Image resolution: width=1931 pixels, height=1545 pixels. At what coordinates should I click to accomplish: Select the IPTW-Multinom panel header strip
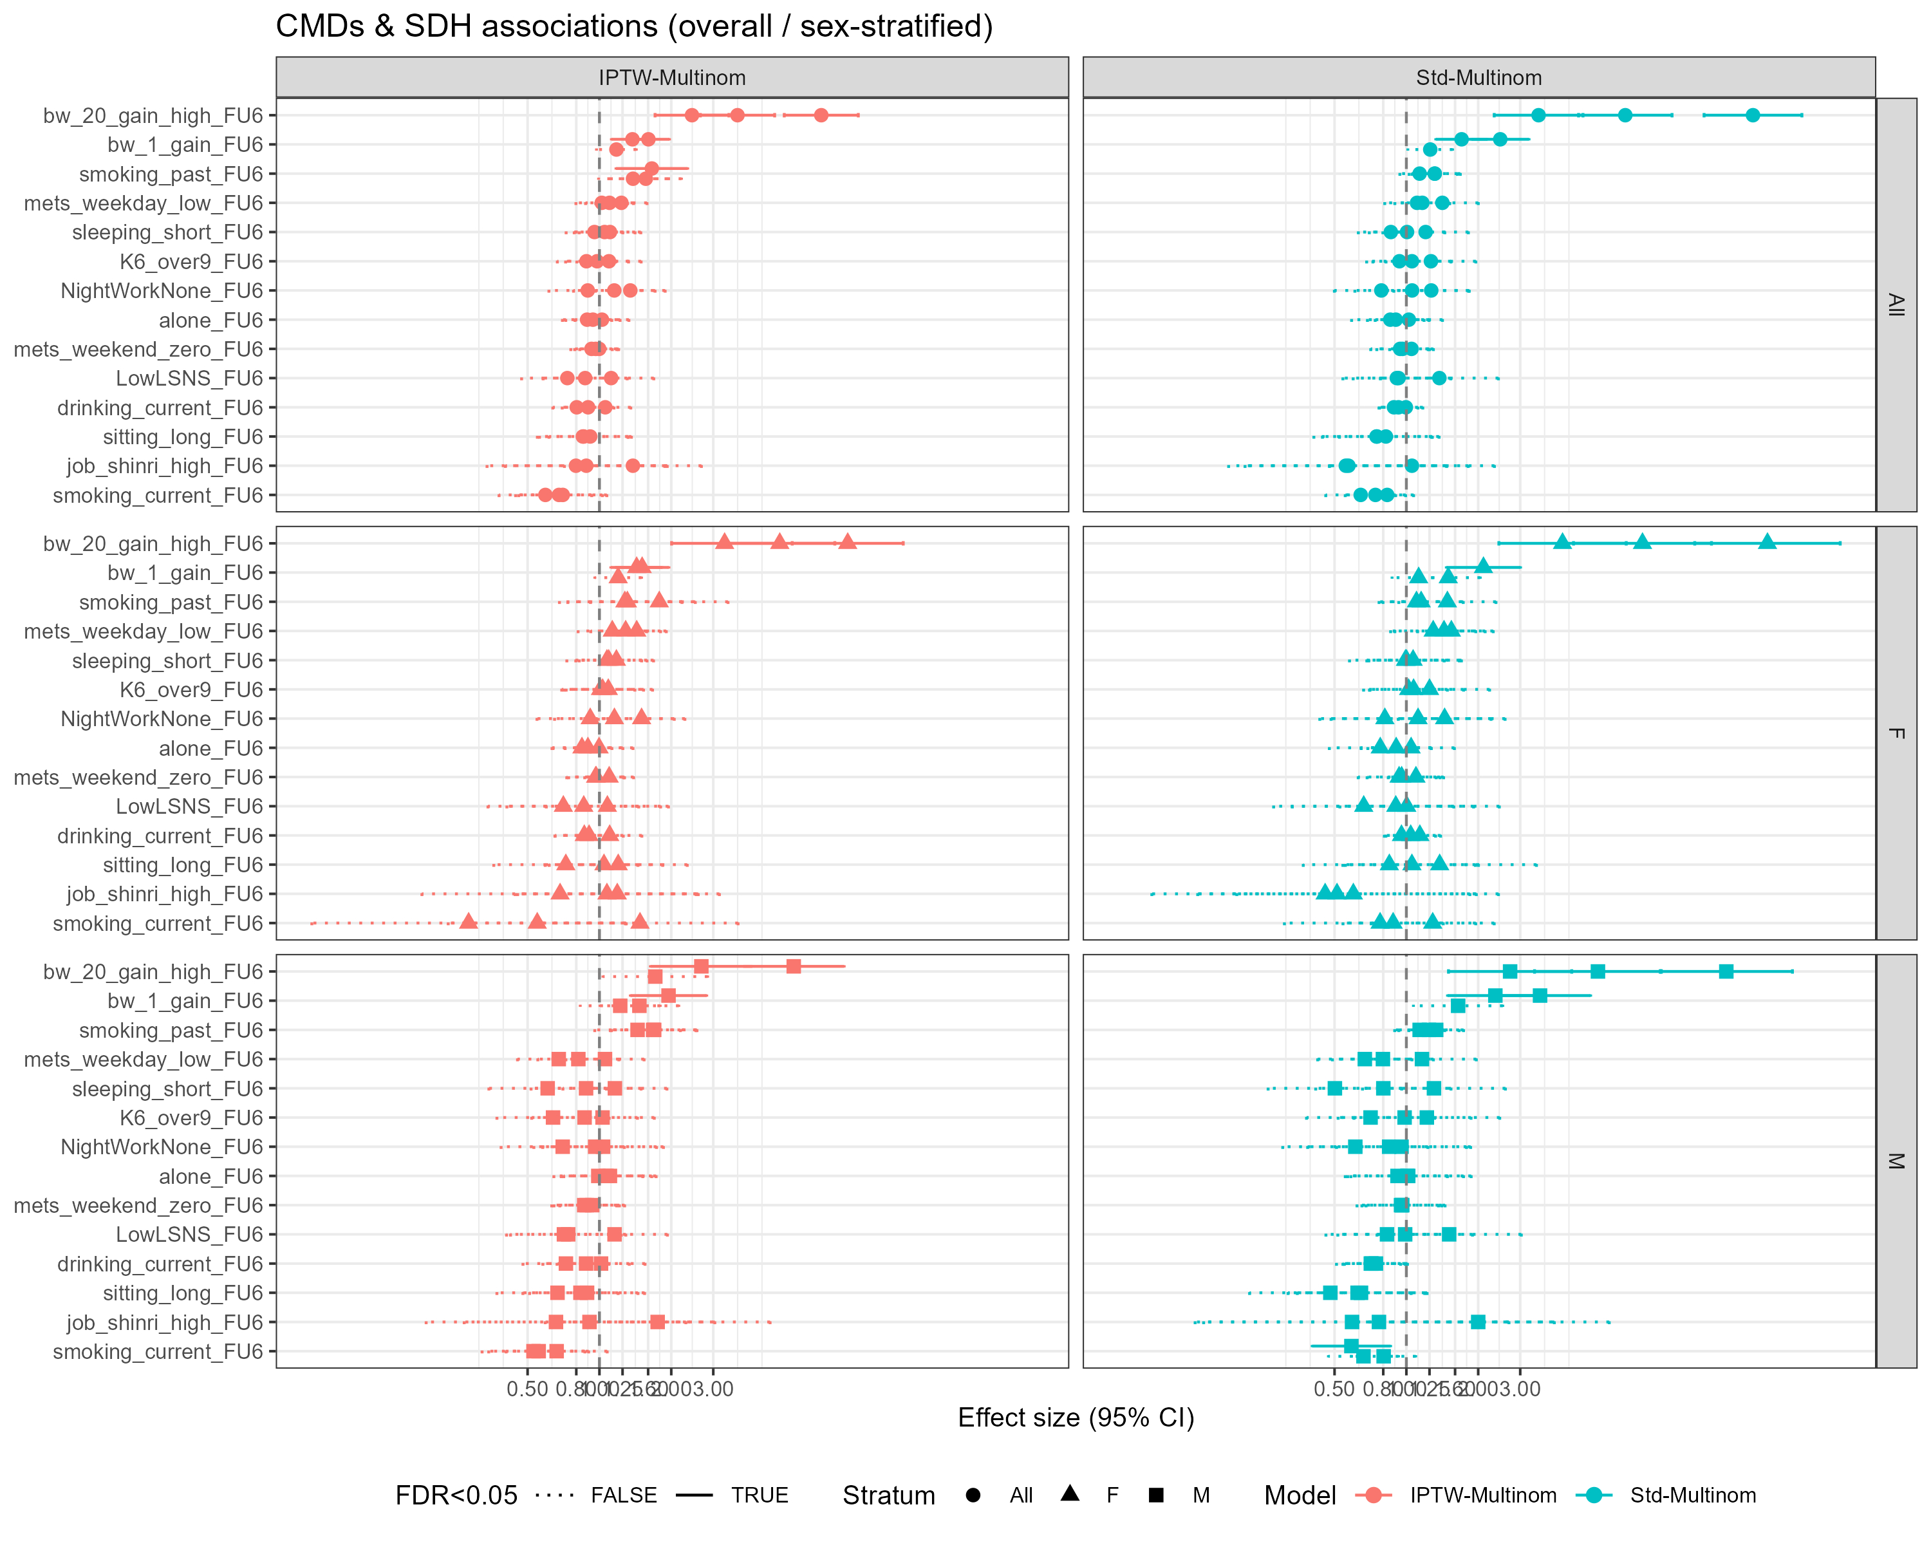(672, 78)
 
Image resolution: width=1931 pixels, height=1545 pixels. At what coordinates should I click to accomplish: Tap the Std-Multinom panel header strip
(1478, 78)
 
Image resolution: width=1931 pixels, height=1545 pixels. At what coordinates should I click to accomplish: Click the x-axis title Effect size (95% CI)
(1076, 1418)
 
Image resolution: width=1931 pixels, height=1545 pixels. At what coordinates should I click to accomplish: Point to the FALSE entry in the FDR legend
(623, 1495)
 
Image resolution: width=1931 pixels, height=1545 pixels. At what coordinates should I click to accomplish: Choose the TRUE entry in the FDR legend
(759, 1495)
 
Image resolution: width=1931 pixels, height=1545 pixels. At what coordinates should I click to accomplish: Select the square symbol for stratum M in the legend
(1156, 1495)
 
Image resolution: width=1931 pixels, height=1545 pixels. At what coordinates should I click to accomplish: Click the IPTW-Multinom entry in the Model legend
(1482, 1495)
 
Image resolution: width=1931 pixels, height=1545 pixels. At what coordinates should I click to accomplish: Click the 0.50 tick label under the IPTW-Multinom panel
(527, 1389)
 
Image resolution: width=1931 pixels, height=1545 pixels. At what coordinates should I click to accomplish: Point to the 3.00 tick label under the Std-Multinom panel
(1520, 1389)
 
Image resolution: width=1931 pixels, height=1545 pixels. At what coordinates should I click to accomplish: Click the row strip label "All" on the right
(1895, 304)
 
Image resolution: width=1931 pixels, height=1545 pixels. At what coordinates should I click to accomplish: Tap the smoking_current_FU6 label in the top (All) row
(158, 495)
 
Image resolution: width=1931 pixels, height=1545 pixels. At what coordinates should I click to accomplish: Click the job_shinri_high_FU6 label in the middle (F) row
(165, 894)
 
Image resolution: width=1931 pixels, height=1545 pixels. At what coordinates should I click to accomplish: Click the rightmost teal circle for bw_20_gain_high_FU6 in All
(1753, 115)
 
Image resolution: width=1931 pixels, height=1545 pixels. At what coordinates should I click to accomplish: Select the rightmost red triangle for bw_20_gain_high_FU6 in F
(847, 542)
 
